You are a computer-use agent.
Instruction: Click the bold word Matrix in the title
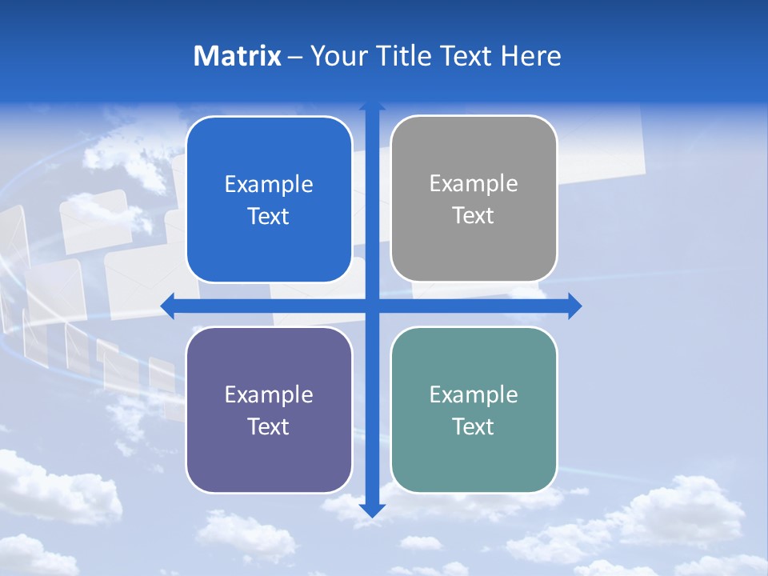238,56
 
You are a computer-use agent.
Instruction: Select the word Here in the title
530,56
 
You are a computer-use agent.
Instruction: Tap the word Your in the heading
340,56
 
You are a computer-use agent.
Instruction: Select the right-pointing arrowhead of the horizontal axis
574,306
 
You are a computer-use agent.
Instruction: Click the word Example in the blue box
269,185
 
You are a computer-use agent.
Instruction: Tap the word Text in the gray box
474,216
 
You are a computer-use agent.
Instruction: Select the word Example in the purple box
269,395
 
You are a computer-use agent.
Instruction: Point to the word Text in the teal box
474,426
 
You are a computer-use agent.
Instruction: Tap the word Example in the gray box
474,184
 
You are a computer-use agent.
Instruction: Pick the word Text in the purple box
269,426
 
